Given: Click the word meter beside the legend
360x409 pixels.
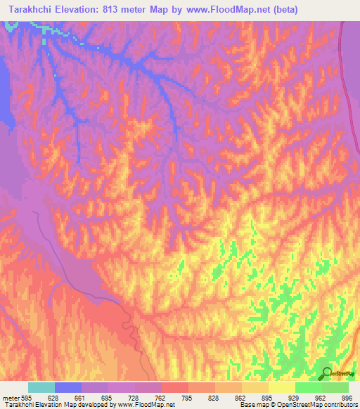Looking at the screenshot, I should [9, 397].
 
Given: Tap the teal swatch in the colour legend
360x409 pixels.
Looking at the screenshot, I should [41, 387].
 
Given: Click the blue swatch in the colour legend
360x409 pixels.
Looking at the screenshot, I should [68, 387].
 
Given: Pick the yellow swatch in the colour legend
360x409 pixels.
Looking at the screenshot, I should [282, 387].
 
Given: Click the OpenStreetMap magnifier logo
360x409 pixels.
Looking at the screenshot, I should [327, 374].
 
